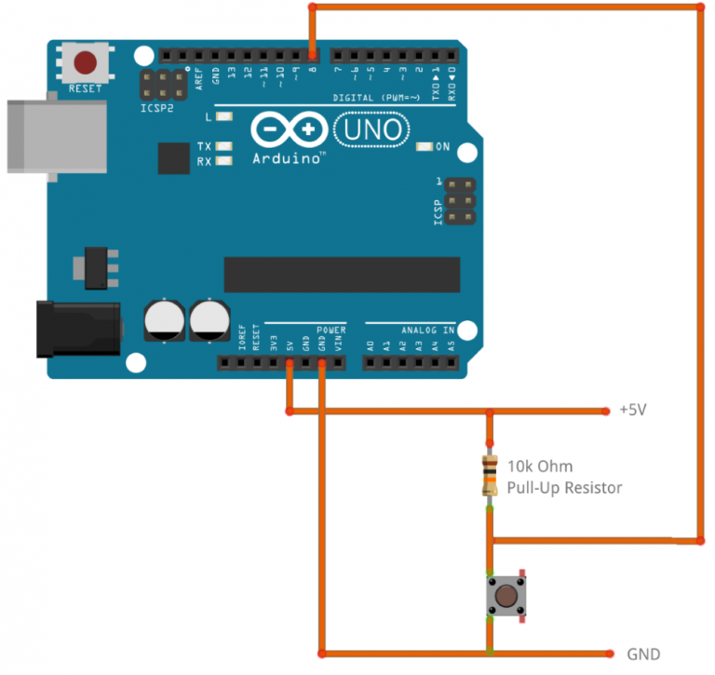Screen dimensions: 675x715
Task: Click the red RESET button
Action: tap(86, 63)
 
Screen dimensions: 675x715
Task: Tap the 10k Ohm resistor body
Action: tap(489, 475)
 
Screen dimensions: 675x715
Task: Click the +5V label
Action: tap(634, 410)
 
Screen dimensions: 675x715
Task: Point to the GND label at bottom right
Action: tap(643, 654)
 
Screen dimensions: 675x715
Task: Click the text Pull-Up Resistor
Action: tap(564, 488)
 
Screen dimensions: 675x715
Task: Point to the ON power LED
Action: tap(425, 147)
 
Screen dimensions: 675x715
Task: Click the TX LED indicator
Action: tap(223, 147)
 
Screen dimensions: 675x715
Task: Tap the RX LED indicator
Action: tap(223, 161)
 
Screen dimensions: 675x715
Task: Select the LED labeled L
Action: tap(223, 117)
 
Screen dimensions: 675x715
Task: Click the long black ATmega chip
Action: tap(342, 274)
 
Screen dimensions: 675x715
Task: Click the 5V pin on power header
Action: tap(290, 363)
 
